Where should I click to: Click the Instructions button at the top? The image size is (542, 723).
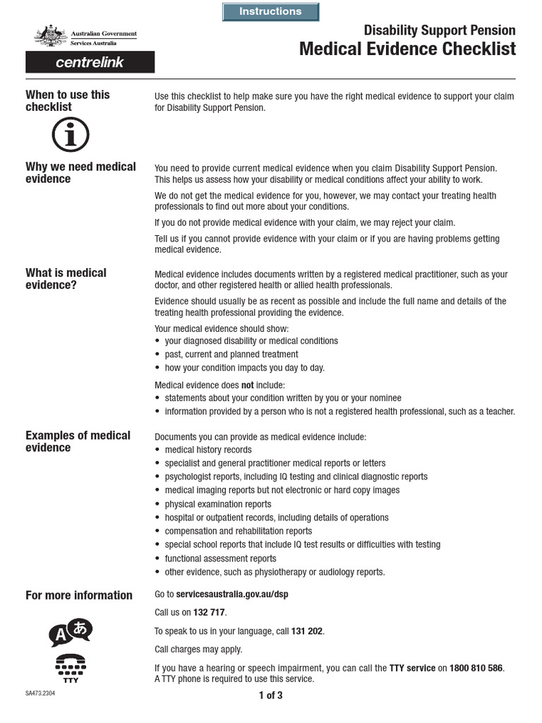click(x=270, y=12)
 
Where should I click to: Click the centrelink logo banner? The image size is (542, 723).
click(x=90, y=62)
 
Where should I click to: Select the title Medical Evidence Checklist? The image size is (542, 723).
click(x=407, y=49)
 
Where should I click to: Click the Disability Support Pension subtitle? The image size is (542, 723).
click(x=439, y=30)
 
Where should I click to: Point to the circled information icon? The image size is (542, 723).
click(x=71, y=135)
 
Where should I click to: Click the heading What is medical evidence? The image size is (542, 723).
click(x=66, y=279)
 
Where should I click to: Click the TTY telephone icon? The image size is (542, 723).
click(x=71, y=667)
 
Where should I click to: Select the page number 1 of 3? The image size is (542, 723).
click(x=270, y=695)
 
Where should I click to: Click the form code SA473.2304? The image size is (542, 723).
click(x=40, y=694)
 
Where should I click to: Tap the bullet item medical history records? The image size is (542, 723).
click(x=208, y=450)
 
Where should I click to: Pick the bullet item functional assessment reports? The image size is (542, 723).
click(x=220, y=558)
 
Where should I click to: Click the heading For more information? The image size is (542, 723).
click(x=79, y=595)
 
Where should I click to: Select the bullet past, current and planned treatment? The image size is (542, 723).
click(x=231, y=354)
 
